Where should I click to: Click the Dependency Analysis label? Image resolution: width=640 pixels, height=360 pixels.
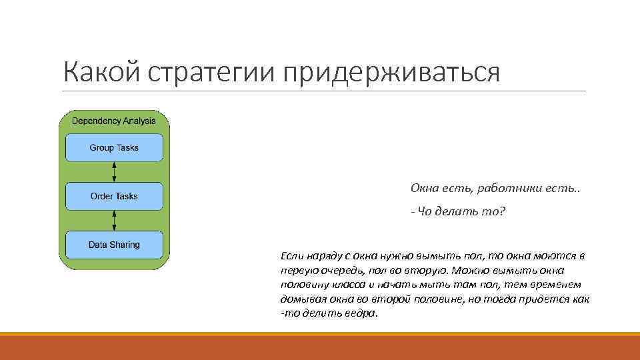(113, 121)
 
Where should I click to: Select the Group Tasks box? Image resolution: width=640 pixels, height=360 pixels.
(114, 147)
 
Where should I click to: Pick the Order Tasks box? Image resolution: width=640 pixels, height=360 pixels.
(114, 196)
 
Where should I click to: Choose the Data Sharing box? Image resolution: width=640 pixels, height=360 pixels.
(114, 245)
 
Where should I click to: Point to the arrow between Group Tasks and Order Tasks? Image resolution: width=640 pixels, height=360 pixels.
(114, 171)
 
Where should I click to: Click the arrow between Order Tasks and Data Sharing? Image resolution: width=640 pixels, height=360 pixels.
(114, 220)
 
